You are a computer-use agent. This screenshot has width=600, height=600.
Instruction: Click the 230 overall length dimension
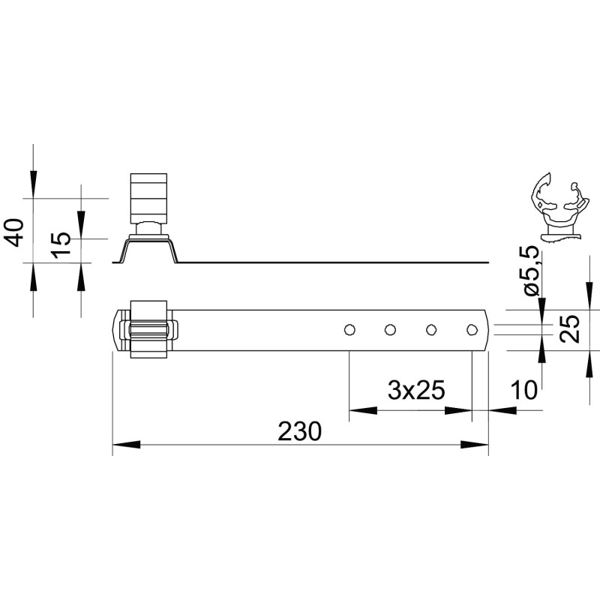tap(299, 431)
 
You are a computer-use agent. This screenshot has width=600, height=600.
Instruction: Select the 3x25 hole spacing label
tap(416, 390)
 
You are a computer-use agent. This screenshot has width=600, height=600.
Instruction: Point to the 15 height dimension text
tap(62, 245)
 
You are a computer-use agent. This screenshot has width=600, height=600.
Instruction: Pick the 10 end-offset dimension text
tap(524, 390)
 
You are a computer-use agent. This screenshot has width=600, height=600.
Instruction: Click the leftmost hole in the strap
tap(349, 329)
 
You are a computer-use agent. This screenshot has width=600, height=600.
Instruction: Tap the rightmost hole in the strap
tap(472, 329)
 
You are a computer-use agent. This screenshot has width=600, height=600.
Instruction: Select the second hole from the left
tap(390, 329)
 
